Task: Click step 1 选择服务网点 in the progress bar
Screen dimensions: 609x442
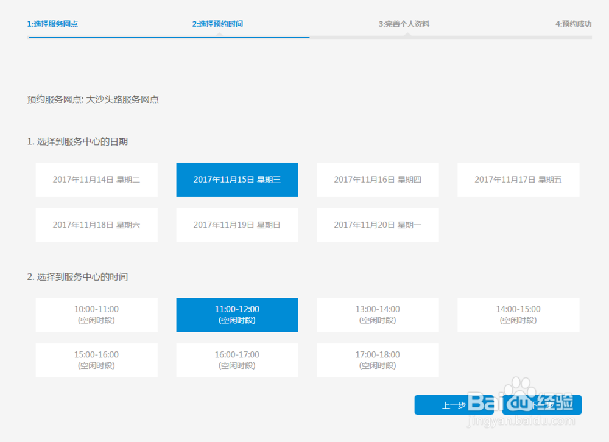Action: (x=52, y=24)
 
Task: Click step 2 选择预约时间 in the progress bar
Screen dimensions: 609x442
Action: (x=218, y=24)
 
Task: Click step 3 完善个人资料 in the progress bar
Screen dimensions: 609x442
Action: (x=407, y=24)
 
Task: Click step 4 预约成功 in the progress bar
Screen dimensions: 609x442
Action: (x=573, y=24)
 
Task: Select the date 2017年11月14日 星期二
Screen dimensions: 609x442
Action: (x=96, y=180)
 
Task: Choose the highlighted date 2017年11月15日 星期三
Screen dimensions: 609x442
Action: (x=237, y=180)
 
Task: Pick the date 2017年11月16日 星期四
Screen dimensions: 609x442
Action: (x=378, y=180)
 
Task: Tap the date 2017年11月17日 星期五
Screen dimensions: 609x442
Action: (x=518, y=180)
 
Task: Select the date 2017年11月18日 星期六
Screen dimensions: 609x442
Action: (x=96, y=225)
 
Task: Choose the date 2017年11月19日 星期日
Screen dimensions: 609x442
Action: (x=237, y=225)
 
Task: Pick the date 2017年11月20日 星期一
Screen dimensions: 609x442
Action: (x=378, y=225)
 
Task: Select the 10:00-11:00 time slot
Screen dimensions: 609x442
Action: (x=96, y=315)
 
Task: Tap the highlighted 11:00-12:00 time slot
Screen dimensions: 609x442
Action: (x=237, y=315)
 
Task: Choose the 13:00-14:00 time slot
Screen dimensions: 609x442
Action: (x=378, y=315)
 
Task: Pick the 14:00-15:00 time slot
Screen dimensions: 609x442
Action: (x=518, y=315)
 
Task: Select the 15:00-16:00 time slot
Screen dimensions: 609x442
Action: (x=96, y=360)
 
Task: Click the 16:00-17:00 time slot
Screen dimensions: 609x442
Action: (x=237, y=360)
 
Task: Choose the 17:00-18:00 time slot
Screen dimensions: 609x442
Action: (x=378, y=360)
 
